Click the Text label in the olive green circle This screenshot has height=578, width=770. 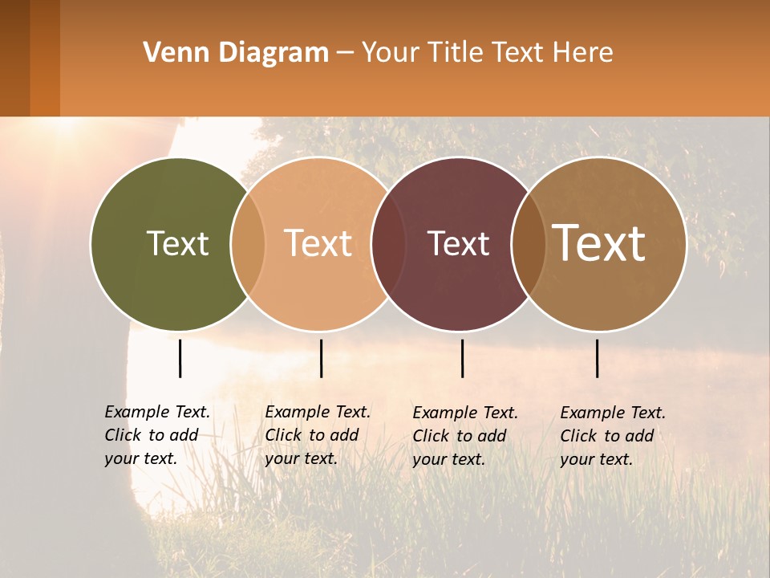pyautogui.click(x=177, y=243)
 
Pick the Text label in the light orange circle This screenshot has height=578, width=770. pyautogui.click(x=318, y=243)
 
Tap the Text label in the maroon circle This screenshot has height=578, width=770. pyautogui.click(x=458, y=243)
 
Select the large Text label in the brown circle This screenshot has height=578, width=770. pyautogui.click(x=599, y=243)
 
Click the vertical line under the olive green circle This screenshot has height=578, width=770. pyautogui.click(x=180, y=358)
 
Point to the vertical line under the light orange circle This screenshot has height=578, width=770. pyautogui.click(x=321, y=358)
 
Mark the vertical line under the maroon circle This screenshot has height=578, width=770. pyautogui.click(x=462, y=358)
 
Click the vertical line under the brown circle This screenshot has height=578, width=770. pyautogui.click(x=597, y=358)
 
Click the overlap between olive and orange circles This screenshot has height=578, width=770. pyautogui.click(x=248, y=243)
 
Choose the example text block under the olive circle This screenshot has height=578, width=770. pyautogui.click(x=157, y=435)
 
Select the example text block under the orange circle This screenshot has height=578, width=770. pyautogui.click(x=318, y=435)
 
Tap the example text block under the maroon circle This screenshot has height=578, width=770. pyautogui.click(x=465, y=436)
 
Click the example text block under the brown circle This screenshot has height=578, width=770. pyautogui.click(x=613, y=436)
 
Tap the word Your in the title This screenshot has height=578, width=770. pyautogui.click(x=391, y=53)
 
